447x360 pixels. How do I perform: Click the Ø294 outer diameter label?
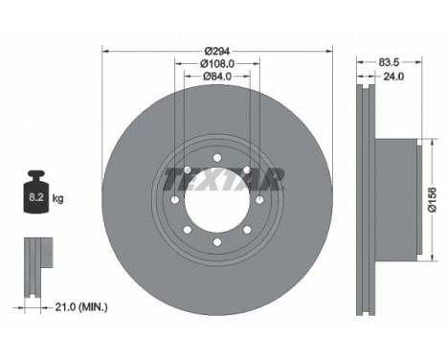217,51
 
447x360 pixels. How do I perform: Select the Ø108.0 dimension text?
217,64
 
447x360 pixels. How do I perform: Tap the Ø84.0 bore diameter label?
217,77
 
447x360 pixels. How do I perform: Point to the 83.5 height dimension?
389,62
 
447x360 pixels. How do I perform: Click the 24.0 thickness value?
393,77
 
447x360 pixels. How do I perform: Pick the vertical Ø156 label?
433,200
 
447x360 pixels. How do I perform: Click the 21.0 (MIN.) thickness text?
81,307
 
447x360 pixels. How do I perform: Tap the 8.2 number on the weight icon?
36,197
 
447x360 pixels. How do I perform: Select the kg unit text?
57,199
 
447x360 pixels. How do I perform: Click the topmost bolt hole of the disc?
217,158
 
